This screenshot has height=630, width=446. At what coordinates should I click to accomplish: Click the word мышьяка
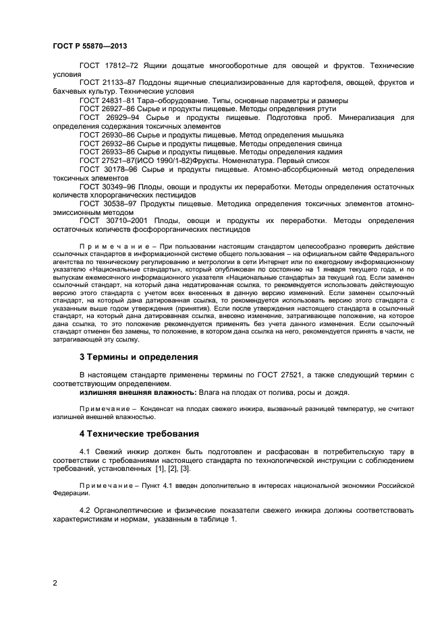point(325,135)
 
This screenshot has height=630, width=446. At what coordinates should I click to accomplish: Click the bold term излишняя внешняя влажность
point(138,392)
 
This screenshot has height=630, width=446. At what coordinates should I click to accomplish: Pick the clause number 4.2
point(85,510)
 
